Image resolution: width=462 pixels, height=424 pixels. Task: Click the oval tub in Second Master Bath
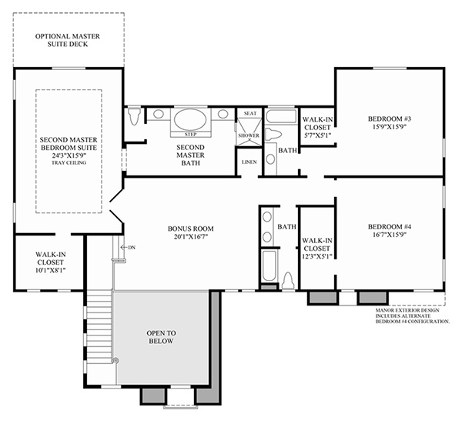pyautogui.click(x=190, y=119)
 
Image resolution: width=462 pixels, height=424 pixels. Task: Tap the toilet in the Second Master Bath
pyautogui.click(x=136, y=115)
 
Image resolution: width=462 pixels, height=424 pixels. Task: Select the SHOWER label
pyautogui.click(x=249, y=135)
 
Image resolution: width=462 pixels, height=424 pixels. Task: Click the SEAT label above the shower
pyautogui.click(x=250, y=113)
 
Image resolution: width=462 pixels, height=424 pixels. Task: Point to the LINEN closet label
pyautogui.click(x=249, y=162)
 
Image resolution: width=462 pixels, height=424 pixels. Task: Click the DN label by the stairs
pyautogui.click(x=132, y=248)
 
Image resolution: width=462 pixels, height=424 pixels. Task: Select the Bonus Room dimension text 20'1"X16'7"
pyautogui.click(x=191, y=236)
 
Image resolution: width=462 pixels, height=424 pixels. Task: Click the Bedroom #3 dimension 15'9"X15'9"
pyautogui.click(x=389, y=127)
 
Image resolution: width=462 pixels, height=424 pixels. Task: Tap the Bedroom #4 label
pyautogui.click(x=390, y=227)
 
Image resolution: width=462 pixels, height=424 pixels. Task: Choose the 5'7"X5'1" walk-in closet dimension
pyautogui.click(x=317, y=135)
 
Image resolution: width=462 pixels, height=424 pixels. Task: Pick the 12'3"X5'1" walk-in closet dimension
pyautogui.click(x=317, y=256)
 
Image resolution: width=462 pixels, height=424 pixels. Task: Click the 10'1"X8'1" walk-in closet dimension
pyautogui.click(x=50, y=270)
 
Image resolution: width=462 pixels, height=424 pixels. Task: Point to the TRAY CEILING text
pyautogui.click(x=69, y=162)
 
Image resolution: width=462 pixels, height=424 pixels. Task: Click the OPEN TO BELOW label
pyautogui.click(x=161, y=337)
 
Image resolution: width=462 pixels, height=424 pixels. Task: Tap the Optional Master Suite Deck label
pyautogui.click(x=68, y=40)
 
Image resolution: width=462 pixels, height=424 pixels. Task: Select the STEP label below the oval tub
pyautogui.click(x=191, y=135)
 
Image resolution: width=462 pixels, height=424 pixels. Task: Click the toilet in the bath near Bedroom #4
pyautogui.click(x=288, y=281)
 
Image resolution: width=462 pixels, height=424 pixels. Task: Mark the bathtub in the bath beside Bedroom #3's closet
pyautogui.click(x=281, y=116)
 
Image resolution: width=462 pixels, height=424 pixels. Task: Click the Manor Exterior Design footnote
pyautogui.click(x=413, y=316)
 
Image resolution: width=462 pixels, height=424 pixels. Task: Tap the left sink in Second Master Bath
pyautogui.click(x=158, y=114)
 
